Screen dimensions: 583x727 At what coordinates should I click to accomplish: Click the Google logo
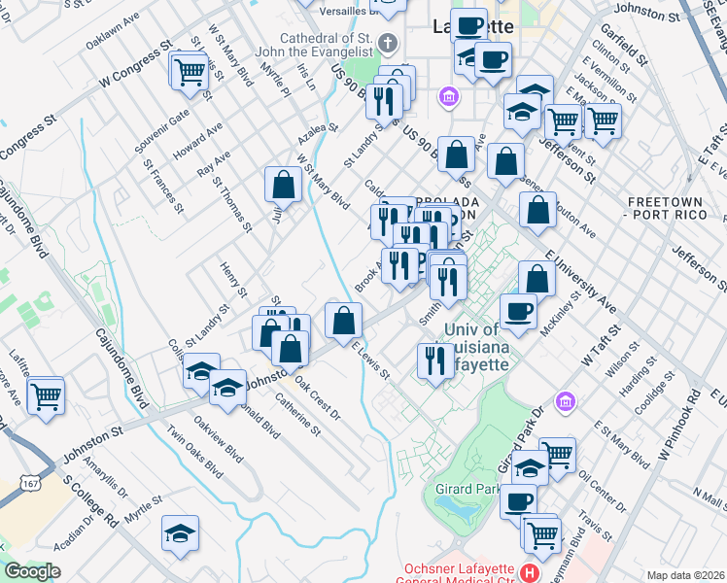click(31, 571)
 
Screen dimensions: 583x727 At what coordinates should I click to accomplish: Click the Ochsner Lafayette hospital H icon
click(529, 571)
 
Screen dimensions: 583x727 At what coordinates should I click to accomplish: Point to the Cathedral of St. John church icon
click(388, 43)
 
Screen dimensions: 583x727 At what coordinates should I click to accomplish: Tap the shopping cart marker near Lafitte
click(46, 395)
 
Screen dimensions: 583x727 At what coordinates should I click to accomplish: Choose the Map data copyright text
click(685, 575)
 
